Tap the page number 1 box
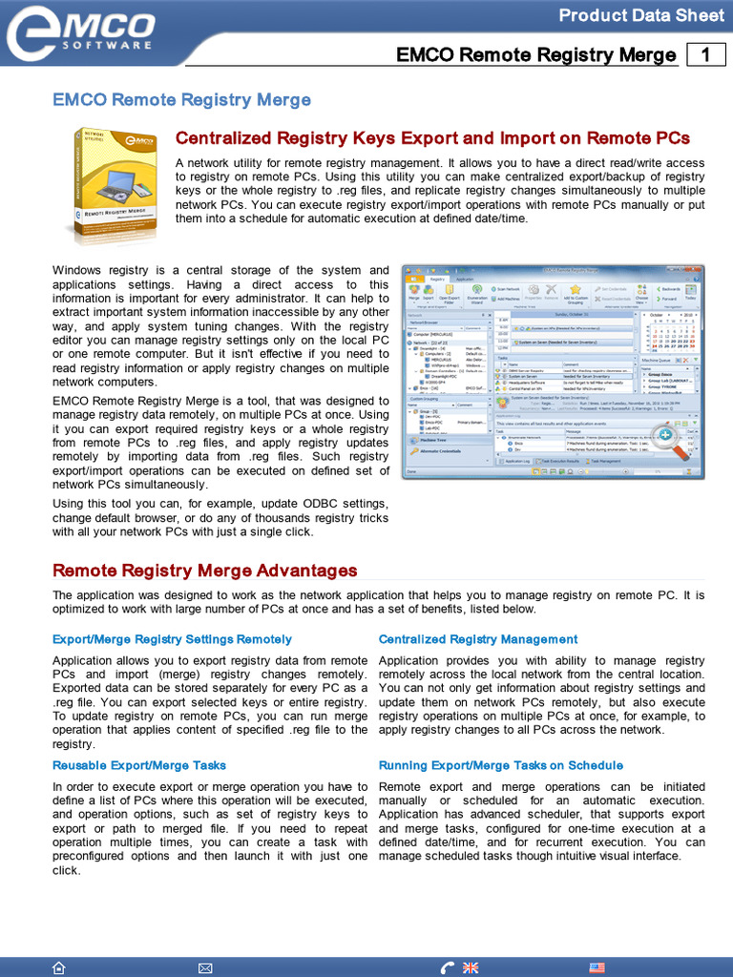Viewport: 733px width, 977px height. (706, 55)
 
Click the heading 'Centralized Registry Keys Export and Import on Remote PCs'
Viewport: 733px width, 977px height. (432, 138)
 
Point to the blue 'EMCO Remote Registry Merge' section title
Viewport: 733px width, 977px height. (181, 99)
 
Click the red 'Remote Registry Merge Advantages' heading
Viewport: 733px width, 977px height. (204, 571)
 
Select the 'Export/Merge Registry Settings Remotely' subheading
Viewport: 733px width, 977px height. (172, 639)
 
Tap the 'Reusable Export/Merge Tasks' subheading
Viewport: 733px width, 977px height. (139, 765)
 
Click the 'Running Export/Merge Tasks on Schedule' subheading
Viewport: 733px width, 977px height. (500, 765)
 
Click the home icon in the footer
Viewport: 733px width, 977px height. (59, 967)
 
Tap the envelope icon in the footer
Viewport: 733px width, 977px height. (205, 967)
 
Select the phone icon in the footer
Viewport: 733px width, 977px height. (448, 967)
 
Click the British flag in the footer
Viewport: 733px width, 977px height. (471, 967)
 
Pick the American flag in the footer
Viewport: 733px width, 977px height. (597, 967)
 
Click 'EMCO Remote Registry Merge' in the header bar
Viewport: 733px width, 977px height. (535, 55)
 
